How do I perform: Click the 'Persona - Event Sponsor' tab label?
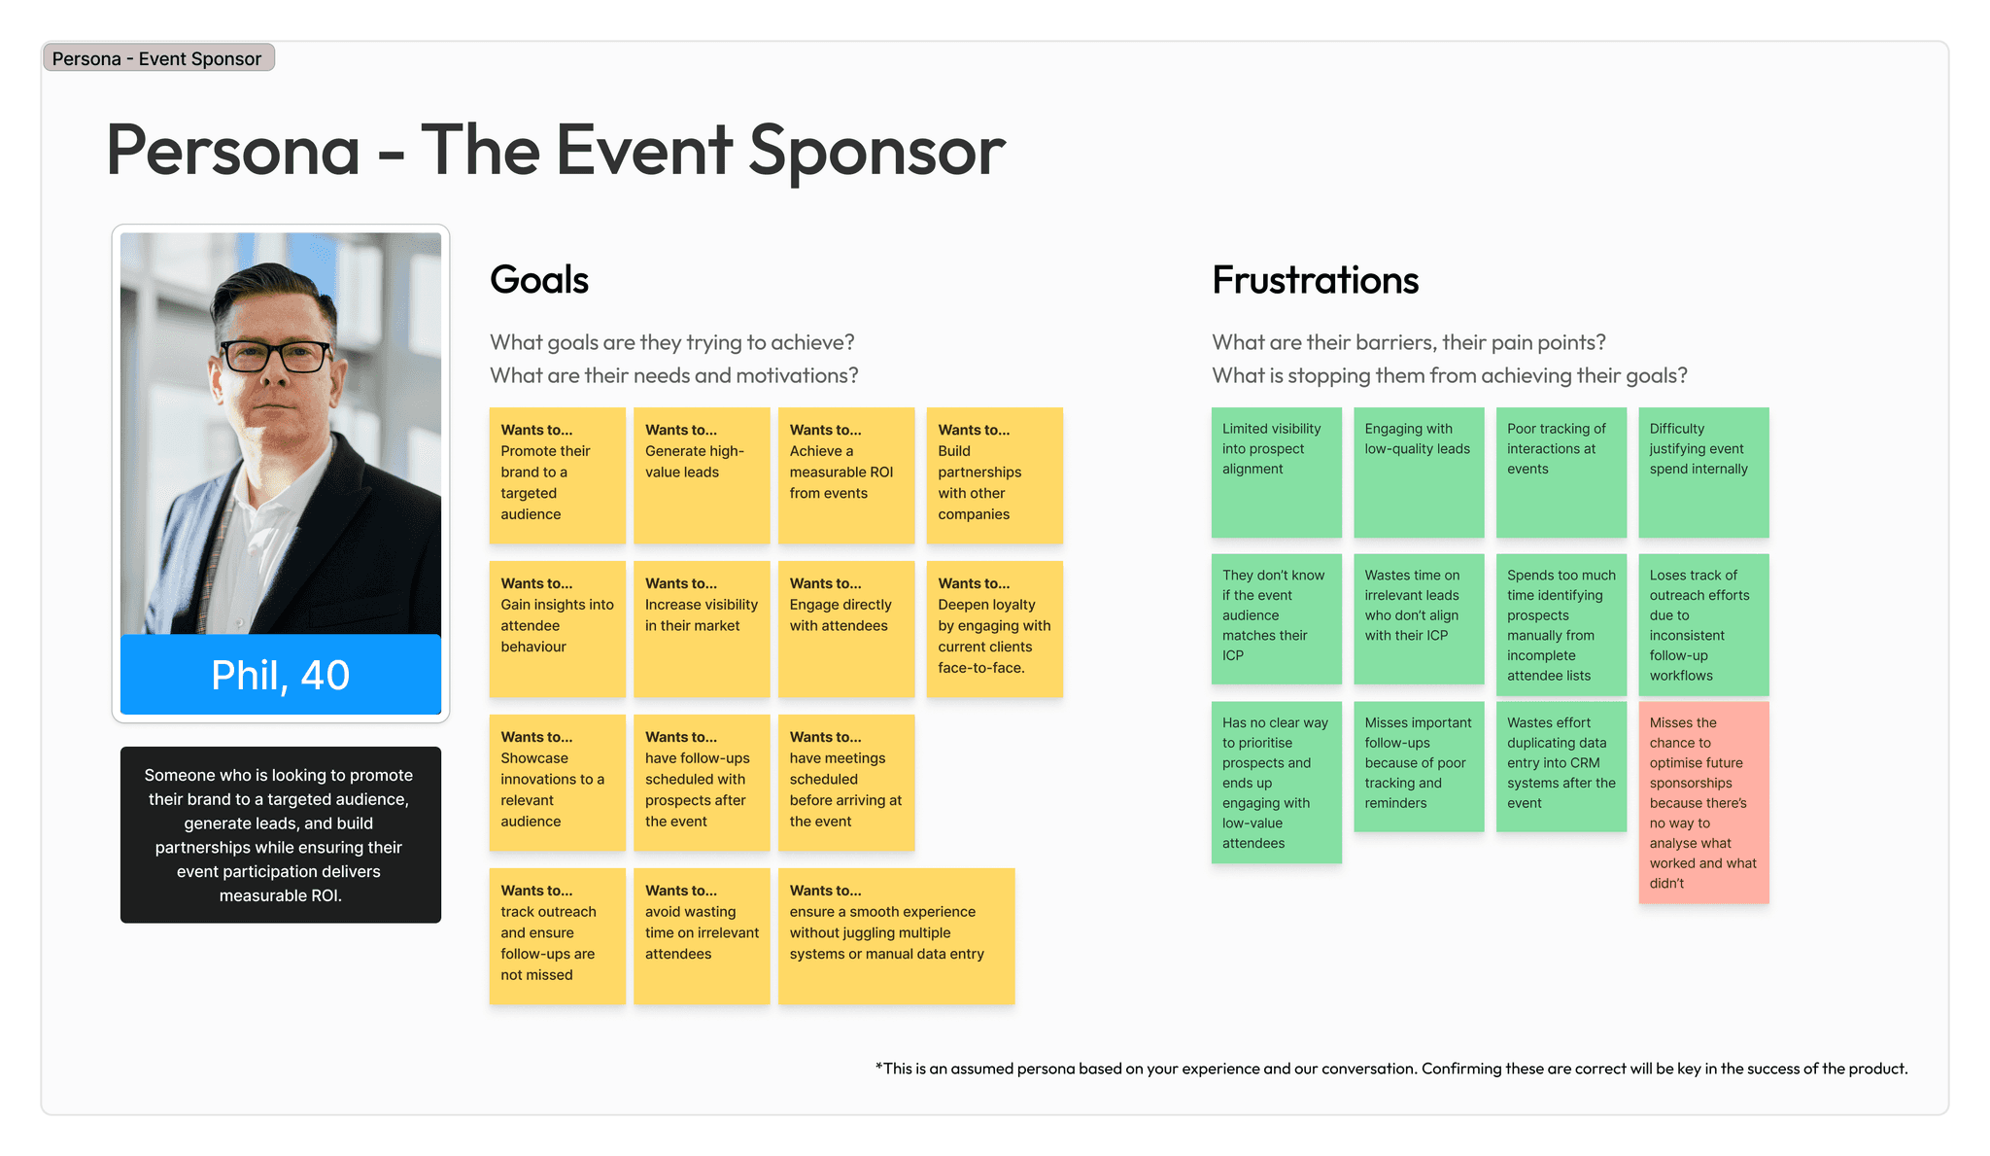coord(158,58)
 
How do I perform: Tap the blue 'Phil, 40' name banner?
coord(280,675)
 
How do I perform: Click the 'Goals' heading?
coord(539,280)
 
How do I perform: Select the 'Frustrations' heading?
coord(1315,280)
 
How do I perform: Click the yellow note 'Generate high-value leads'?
coord(702,475)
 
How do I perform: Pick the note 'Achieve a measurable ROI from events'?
coord(845,475)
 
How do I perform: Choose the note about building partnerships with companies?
coord(994,475)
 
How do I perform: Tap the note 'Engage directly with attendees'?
coord(845,629)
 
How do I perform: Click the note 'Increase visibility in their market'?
coord(702,629)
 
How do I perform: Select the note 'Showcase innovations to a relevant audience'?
coord(557,783)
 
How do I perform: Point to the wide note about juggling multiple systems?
coord(896,936)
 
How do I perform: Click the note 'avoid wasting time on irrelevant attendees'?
coord(702,936)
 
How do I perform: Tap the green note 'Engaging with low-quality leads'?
coord(1419,473)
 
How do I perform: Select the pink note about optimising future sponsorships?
coord(1703,802)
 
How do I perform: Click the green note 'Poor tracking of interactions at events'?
coord(1561,473)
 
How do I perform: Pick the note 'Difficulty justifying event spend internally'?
coord(1703,473)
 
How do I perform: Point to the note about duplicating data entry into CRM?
coord(1561,766)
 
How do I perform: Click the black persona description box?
coord(280,834)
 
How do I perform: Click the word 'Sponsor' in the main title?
coord(876,151)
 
